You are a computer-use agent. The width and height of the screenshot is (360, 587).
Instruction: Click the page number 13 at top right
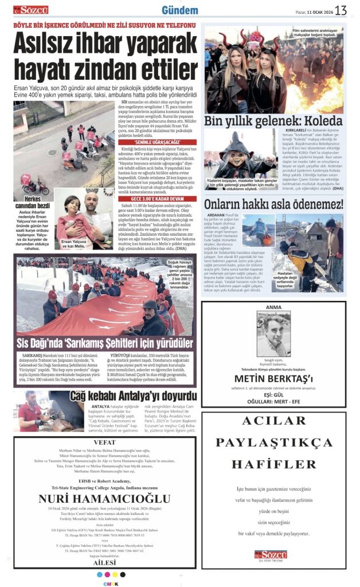coord(341,10)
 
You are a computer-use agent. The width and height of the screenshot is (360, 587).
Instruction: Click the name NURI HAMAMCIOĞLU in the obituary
coord(104,498)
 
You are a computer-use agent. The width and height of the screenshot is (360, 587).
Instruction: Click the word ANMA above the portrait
coord(273,307)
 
